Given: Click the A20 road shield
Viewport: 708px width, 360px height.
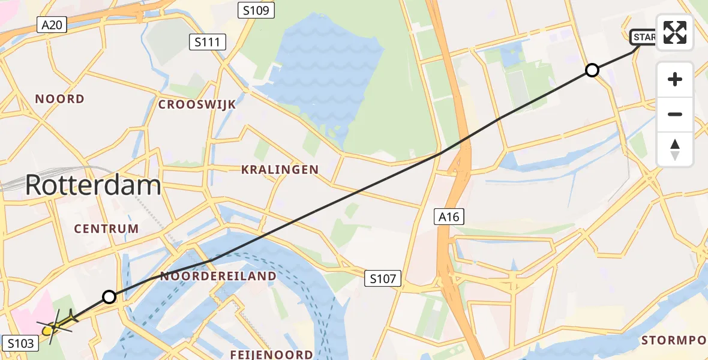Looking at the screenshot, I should coord(51,25).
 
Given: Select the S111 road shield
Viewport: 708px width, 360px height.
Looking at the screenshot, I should coord(208,42).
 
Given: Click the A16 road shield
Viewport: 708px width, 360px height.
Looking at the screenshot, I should coord(449,217).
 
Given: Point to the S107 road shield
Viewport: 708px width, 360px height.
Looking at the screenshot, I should coord(382,278).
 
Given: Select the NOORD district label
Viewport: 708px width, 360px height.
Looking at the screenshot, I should coord(59,99).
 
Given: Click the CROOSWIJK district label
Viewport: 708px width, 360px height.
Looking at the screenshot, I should coord(197,104).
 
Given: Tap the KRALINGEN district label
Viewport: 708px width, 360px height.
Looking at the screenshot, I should coord(280,170).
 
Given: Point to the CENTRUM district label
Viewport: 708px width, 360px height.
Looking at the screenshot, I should coord(106,229).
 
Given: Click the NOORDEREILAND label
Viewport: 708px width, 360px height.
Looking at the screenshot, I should coord(218,276).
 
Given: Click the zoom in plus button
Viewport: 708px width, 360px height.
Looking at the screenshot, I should coord(675,79).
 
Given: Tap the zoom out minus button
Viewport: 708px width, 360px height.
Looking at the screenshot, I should coord(675,114).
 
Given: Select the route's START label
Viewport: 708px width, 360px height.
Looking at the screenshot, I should coord(643,38).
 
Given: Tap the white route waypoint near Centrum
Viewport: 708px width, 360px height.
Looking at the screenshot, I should coord(109,296).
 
